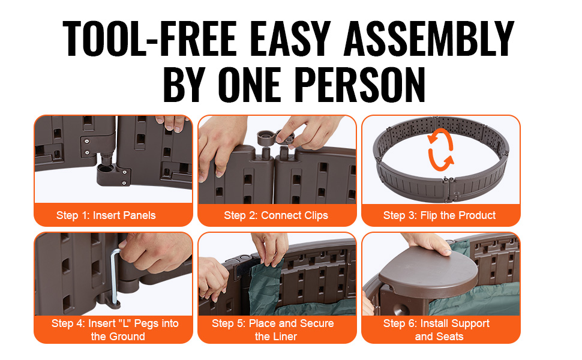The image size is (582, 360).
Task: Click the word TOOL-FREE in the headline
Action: coord(149,38)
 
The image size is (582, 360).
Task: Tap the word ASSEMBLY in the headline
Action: coord(429,38)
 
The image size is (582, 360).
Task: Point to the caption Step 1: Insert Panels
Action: coord(106,215)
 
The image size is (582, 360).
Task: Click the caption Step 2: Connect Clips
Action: coord(276,215)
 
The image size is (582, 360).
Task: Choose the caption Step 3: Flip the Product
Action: coord(439,215)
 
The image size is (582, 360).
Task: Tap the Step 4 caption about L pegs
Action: coord(115,329)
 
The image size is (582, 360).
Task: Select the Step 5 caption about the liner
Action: coord(273,329)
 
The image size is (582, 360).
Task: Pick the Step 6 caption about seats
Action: coord(437,329)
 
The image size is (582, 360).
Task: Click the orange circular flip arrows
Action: coord(440,149)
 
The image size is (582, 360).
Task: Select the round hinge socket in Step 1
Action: coord(106,173)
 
